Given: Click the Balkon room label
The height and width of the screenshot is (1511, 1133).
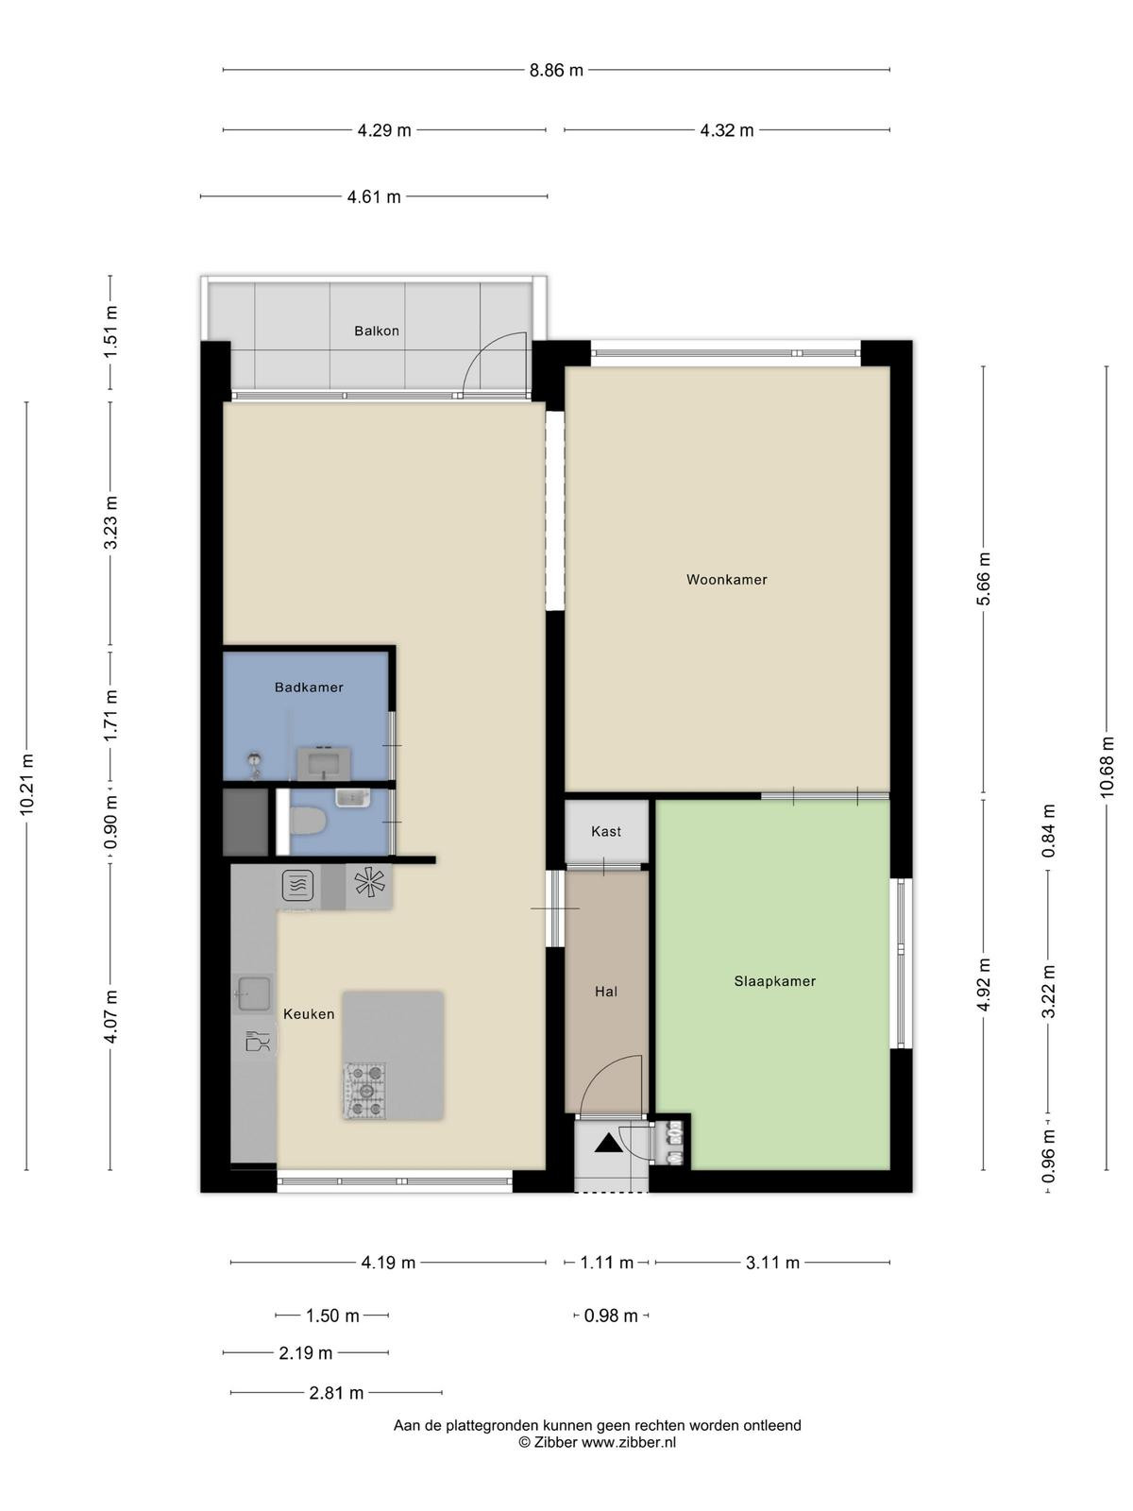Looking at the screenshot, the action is [x=377, y=331].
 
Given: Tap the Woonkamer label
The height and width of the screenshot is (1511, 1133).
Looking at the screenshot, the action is [x=726, y=580].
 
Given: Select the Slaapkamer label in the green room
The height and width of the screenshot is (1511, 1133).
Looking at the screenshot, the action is [x=774, y=981].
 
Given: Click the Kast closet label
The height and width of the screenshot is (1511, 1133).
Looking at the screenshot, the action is [x=606, y=832].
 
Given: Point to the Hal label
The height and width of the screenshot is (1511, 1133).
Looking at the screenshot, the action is [x=606, y=992].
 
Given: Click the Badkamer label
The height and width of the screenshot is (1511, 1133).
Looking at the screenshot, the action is [x=309, y=687].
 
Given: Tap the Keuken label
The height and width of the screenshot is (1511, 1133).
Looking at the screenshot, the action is [x=309, y=1014].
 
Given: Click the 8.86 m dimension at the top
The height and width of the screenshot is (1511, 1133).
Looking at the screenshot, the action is [x=556, y=70].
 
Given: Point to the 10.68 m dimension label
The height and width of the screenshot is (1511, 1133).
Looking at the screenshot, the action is [x=1107, y=768].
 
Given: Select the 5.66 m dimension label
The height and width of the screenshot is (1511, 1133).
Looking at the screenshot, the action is [x=984, y=579].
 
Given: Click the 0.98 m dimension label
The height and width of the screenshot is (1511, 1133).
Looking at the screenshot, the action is [x=611, y=1316].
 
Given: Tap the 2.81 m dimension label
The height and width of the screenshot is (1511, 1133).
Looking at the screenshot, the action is [x=336, y=1393].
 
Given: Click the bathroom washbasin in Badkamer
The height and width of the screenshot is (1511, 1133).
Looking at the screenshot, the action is [x=323, y=763].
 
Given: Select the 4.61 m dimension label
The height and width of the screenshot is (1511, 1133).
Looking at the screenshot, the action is [x=374, y=197].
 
